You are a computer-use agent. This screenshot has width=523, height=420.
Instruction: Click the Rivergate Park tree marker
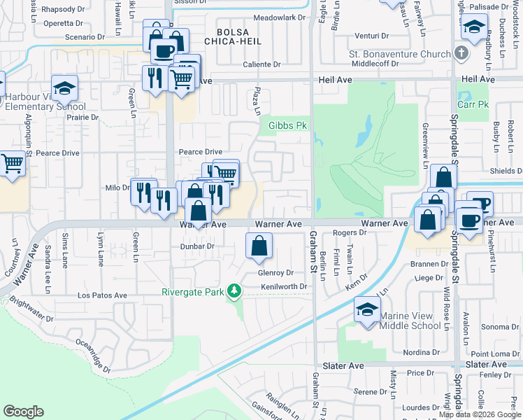237,290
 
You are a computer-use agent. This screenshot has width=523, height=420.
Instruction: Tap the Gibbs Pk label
288,126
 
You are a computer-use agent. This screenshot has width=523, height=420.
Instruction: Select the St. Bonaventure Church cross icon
460,53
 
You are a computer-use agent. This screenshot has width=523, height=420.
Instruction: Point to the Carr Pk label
472,104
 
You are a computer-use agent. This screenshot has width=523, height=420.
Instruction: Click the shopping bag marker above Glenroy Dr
259,246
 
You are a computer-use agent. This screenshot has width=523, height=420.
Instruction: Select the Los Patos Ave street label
102,295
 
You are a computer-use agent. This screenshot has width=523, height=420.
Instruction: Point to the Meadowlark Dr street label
280,17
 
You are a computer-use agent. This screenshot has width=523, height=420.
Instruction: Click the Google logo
23,412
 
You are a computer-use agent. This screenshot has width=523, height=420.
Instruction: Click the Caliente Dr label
261,64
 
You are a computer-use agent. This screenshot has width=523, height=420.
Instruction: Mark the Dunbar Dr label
196,246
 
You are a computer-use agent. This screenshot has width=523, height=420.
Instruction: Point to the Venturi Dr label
371,35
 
